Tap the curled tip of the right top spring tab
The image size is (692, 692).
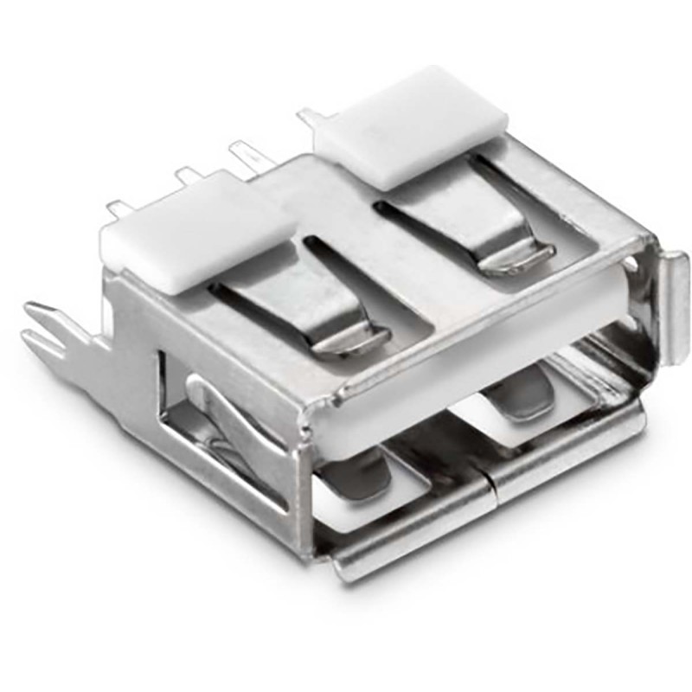pyautogui.click(x=519, y=257)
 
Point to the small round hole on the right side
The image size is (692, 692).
pyautogui.click(x=640, y=259)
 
